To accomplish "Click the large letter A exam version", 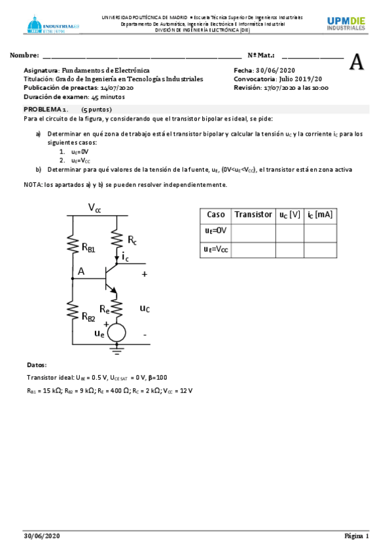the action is pyautogui.click(x=357, y=62).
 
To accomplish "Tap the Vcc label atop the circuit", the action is pyautogui.click(x=95, y=208).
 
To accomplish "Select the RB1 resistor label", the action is pyautogui.click(x=88, y=247).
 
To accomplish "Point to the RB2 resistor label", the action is pyautogui.click(x=88, y=316).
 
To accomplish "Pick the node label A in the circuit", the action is pyautogui.click(x=81, y=271).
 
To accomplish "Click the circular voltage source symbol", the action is pyautogui.click(x=116, y=332).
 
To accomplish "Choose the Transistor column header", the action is pyautogui.click(x=253, y=214).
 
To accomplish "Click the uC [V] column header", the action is pyautogui.click(x=289, y=214).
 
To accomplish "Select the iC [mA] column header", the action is pyautogui.click(x=320, y=214).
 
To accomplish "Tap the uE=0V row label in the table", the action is pyautogui.click(x=215, y=231).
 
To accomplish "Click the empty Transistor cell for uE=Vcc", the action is pyautogui.click(x=253, y=249).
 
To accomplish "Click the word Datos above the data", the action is pyautogui.click(x=37, y=365).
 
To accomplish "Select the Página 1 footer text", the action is pyautogui.click(x=357, y=536).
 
